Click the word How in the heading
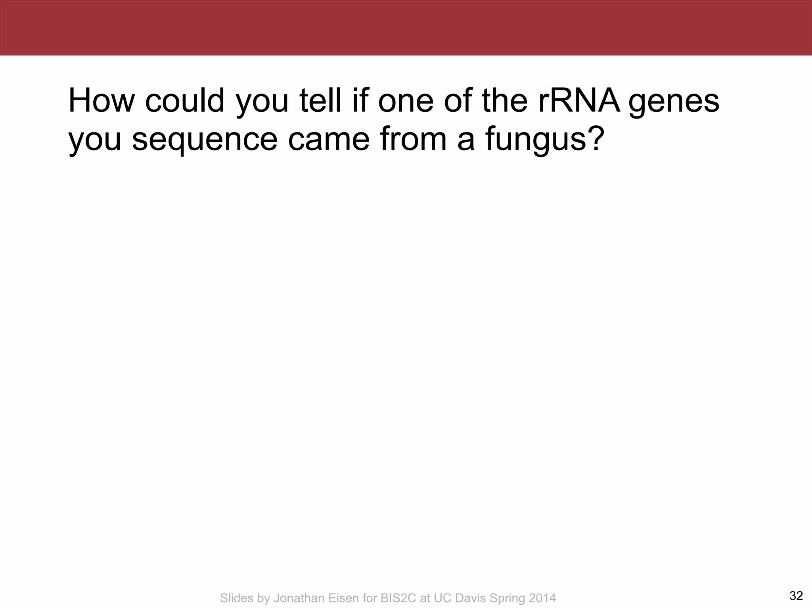tap(101, 101)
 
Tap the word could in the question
tap(185, 101)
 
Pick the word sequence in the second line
tap(204, 141)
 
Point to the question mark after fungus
tap(596, 139)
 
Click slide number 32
tap(796, 596)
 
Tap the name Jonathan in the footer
tap(298, 598)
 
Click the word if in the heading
tap(360, 101)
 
